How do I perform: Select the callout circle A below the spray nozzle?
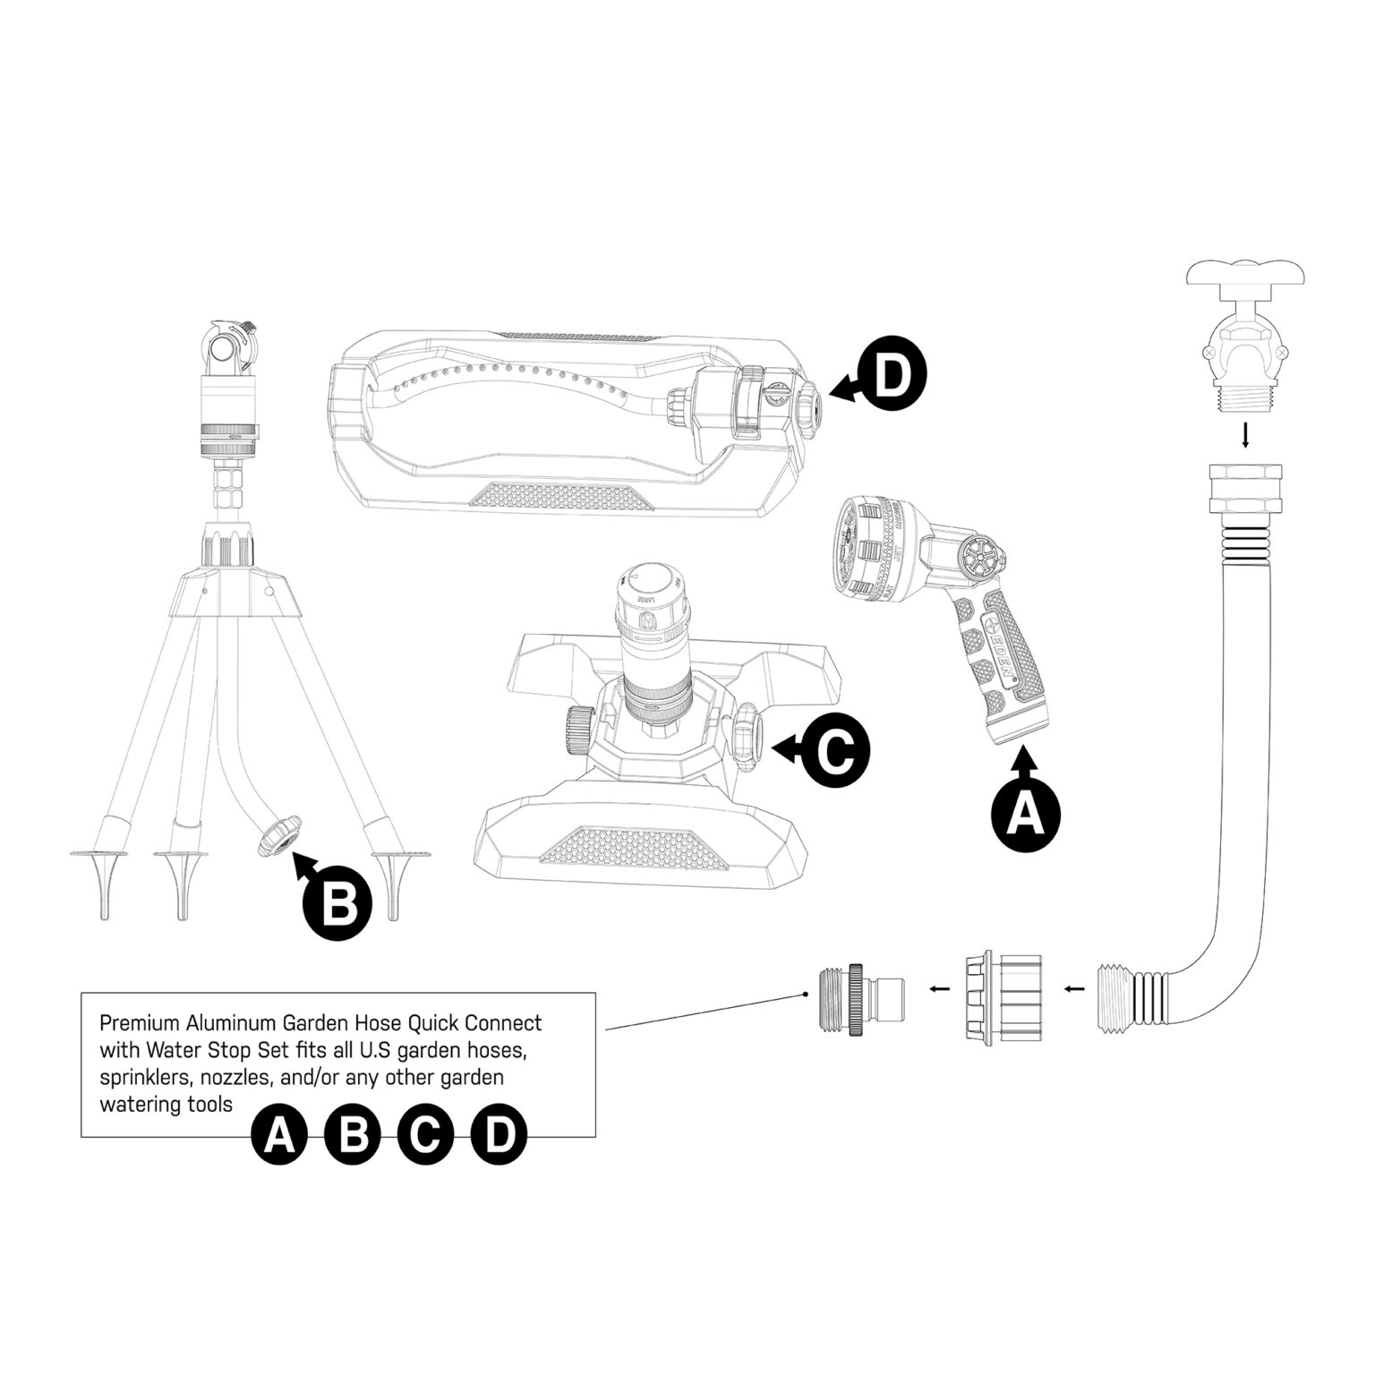1026,816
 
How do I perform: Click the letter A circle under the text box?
278,1136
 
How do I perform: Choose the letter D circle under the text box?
499,1136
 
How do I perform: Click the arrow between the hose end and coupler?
1075,989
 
